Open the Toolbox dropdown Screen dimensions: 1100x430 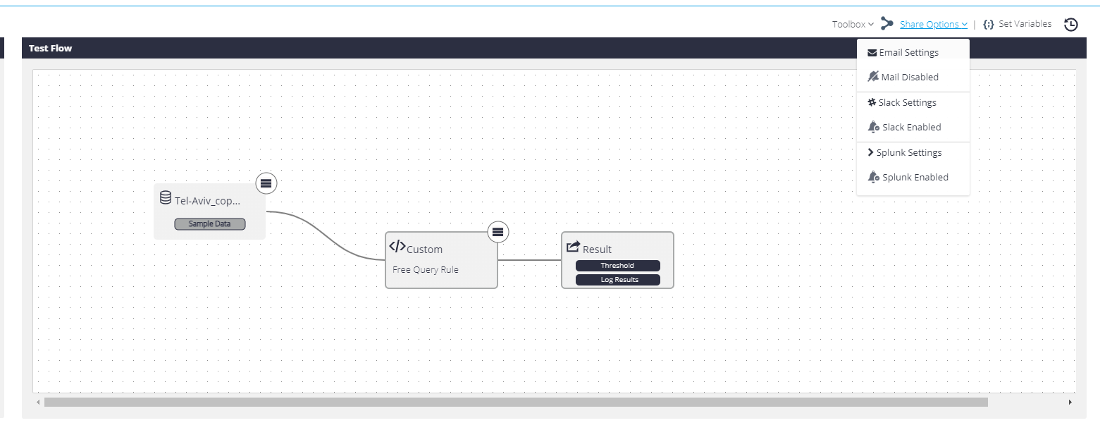click(x=853, y=24)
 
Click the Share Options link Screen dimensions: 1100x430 click(x=933, y=24)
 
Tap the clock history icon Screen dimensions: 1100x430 click(x=1071, y=24)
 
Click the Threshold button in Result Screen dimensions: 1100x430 click(x=618, y=265)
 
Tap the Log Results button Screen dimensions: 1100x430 click(x=618, y=280)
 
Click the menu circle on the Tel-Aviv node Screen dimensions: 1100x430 click(x=266, y=183)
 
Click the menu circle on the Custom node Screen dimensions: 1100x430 click(x=498, y=232)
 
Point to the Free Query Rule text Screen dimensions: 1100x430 click(x=425, y=269)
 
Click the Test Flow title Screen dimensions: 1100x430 click(x=50, y=48)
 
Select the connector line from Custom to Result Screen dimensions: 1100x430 click(x=529, y=260)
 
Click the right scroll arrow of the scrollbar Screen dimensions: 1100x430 click(x=1070, y=402)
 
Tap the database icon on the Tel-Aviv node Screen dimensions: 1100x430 click(x=166, y=197)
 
